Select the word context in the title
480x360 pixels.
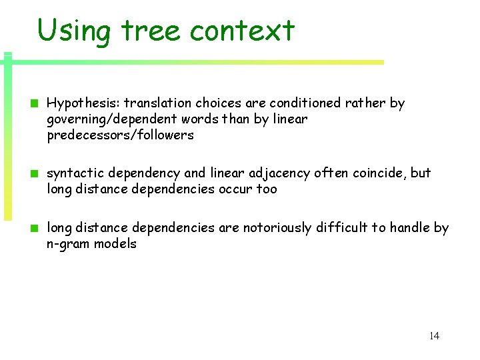(243, 31)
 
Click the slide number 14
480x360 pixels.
(434, 335)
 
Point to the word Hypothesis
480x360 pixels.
(83, 103)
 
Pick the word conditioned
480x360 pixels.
(305, 103)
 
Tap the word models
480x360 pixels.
(114, 244)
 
